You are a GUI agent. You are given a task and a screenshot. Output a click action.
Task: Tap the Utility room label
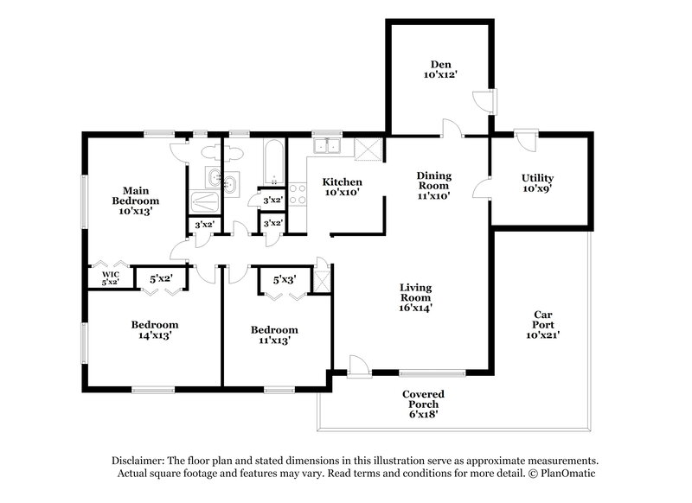point(537,178)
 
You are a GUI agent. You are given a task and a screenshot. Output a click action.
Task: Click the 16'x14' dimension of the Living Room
point(415,307)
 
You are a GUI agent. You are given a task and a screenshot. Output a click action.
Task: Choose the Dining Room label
point(434,180)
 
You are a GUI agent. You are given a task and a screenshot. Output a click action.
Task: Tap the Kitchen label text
point(342,182)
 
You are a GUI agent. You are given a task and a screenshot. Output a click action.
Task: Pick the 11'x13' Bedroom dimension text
point(273,341)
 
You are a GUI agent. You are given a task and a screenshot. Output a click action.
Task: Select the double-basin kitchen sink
point(328,147)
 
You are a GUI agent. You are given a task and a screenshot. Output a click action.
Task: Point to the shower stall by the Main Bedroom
point(205,201)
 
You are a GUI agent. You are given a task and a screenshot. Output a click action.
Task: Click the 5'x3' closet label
point(285,280)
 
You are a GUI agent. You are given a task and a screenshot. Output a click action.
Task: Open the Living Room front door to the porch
point(360,368)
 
